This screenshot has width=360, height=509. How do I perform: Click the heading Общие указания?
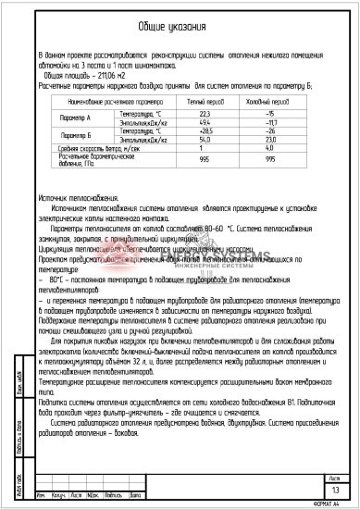pos(179,27)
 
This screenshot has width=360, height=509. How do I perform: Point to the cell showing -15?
pos(271,112)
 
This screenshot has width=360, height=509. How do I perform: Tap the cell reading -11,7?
pos(271,121)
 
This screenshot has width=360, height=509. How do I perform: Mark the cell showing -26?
pos(271,130)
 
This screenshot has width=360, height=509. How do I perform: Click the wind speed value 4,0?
pos(271,148)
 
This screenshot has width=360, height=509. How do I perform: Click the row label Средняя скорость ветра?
pos(77,148)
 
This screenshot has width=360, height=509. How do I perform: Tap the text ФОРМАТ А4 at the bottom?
pos(329,503)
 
